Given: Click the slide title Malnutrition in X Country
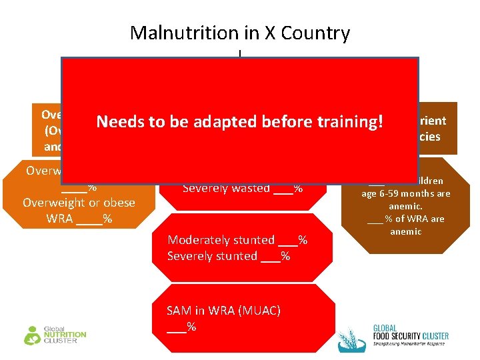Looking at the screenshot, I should point(239,33).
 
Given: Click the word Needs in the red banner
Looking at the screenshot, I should point(118,121).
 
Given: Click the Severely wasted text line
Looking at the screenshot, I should point(242,189).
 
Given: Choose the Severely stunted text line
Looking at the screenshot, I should point(229,256).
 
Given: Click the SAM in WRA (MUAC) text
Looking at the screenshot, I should point(223,310).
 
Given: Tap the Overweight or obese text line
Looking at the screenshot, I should point(79,203).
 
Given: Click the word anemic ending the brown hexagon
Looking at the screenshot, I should point(406,231).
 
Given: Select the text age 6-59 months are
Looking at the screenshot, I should point(406,193).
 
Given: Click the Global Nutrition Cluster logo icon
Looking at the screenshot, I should point(32,335).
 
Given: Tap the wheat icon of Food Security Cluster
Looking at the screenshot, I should point(351,339).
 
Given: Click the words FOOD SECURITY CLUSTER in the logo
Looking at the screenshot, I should point(410,335).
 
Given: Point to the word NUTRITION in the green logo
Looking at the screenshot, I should point(65,335).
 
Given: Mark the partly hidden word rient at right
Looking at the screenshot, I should point(433,121).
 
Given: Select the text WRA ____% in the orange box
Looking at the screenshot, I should point(79,219).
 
